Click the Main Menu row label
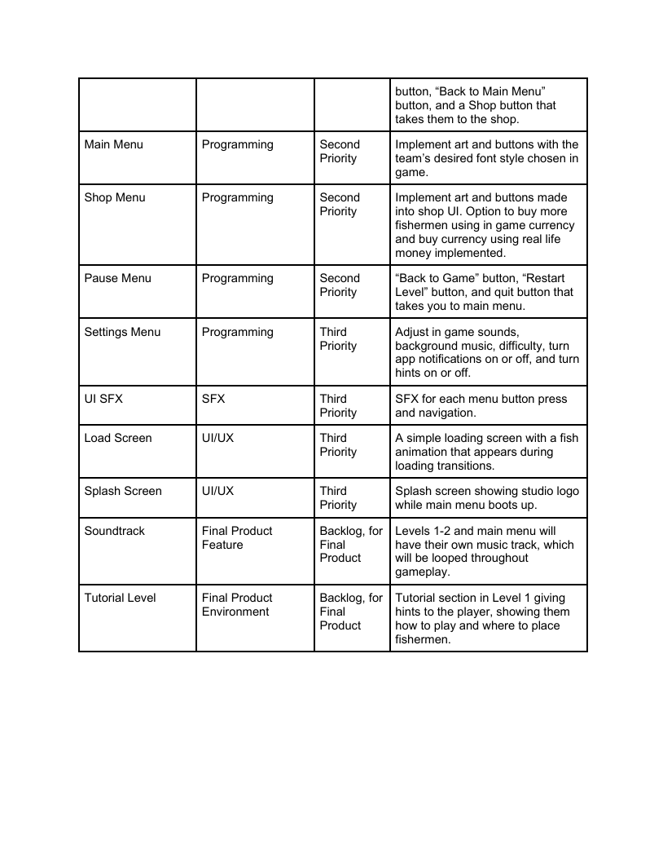click(x=113, y=145)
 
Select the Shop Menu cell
click(x=114, y=198)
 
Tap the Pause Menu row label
click(x=117, y=279)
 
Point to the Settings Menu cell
click(x=122, y=333)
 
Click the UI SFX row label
click(x=103, y=400)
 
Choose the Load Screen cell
click(x=117, y=439)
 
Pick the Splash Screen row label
click(x=122, y=492)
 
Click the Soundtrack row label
click(x=114, y=532)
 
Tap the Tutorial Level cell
click(x=120, y=599)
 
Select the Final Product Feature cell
click(x=237, y=538)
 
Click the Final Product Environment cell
click(x=237, y=605)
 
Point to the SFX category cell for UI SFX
click(x=213, y=400)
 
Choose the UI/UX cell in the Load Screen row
click(x=217, y=439)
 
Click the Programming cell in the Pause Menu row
click(x=237, y=279)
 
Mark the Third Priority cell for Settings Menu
click(x=338, y=339)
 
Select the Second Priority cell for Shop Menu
click(x=339, y=205)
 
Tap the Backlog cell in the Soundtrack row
click(x=351, y=545)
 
